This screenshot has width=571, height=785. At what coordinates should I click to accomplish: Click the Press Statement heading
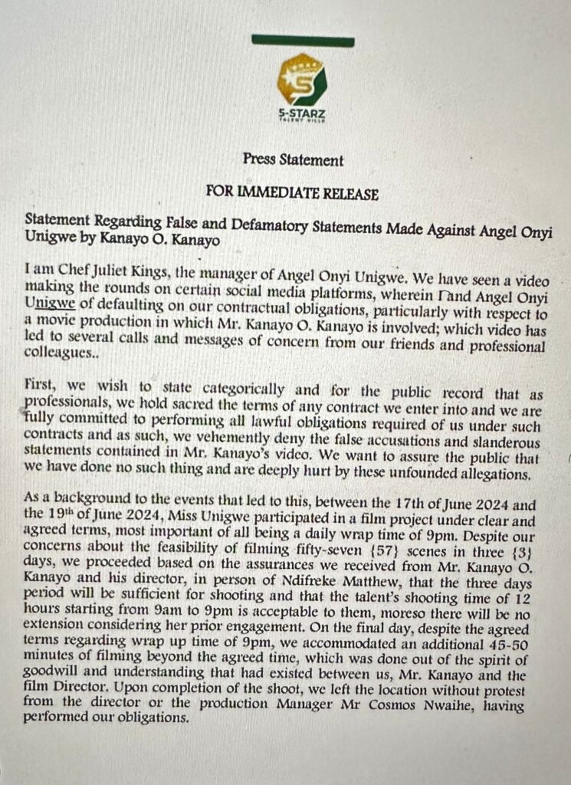(293, 160)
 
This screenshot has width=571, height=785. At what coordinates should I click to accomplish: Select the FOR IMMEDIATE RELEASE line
(293, 193)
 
